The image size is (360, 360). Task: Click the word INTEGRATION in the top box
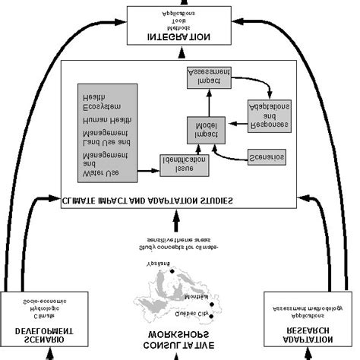tap(180, 36)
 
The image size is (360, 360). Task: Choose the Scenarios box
tap(267, 156)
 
